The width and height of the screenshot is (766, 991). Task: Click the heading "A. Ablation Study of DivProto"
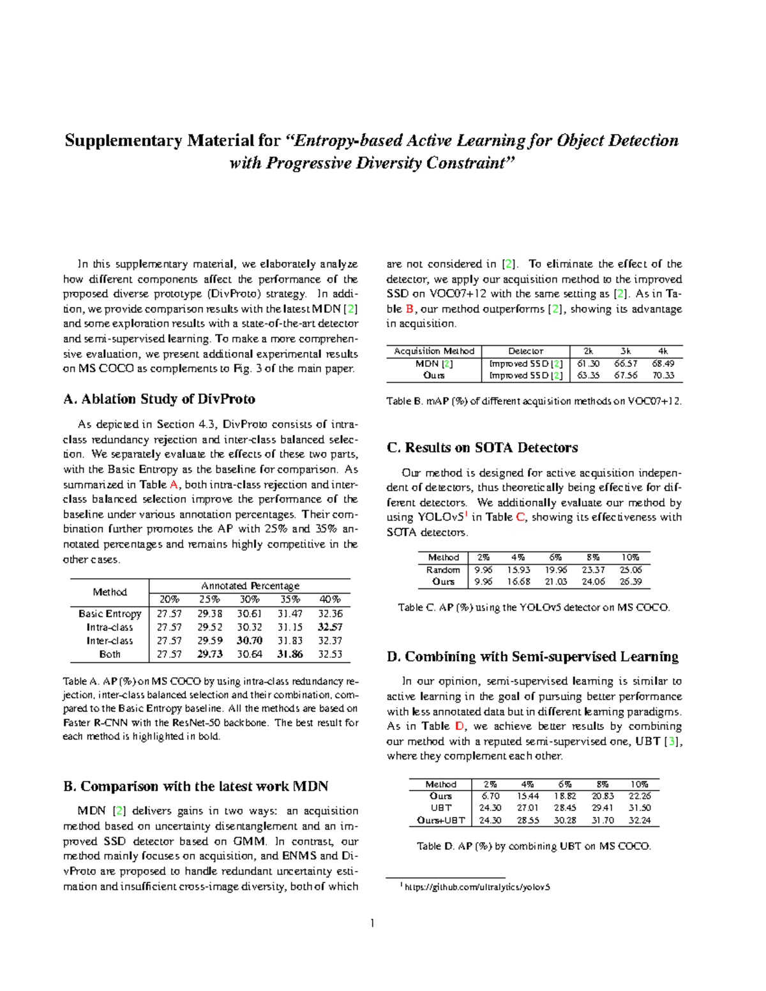click(159, 399)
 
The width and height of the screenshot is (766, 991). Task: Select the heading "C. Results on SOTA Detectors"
click(482, 448)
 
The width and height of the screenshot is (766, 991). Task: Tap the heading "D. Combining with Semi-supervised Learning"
click(533, 657)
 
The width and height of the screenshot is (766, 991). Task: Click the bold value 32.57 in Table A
click(330, 627)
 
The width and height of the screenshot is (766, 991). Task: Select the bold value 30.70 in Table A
click(250, 641)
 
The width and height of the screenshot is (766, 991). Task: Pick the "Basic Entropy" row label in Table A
click(110, 614)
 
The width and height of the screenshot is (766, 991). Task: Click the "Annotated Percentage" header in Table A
click(250, 586)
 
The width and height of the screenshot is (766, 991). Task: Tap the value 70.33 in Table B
click(663, 375)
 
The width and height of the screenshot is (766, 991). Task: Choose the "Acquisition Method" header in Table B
click(434, 351)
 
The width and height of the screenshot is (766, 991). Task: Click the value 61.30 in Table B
click(588, 364)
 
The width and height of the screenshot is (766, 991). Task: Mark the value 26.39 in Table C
click(631, 582)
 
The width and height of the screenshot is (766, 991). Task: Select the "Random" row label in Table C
click(443, 570)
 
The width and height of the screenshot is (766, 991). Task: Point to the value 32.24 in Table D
click(640, 821)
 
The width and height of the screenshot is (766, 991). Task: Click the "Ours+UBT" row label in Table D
click(440, 821)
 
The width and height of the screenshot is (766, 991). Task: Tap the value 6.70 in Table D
click(490, 796)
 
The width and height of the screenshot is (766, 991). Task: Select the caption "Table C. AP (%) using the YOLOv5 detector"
click(534, 607)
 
